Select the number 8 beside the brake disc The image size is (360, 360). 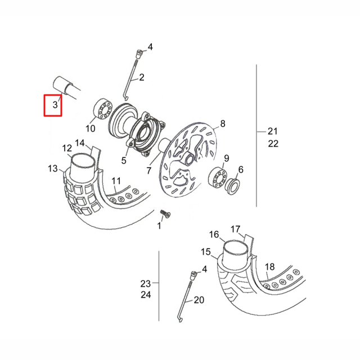pyautogui.click(x=223, y=124)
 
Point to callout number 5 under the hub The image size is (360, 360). pyautogui.click(x=124, y=160)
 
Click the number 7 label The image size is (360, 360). pyautogui.click(x=149, y=170)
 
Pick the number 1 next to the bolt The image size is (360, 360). pyautogui.click(x=159, y=226)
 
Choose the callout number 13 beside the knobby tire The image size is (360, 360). pyautogui.click(x=53, y=168)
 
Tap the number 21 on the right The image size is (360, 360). pyautogui.click(x=273, y=131)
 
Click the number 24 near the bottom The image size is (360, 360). pyautogui.click(x=146, y=294)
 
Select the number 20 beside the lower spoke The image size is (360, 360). pyautogui.click(x=199, y=300)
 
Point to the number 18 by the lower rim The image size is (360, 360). pyautogui.click(x=270, y=267)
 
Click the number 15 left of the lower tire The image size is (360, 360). pyautogui.click(x=205, y=251)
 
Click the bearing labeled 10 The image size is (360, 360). pyautogui.click(x=101, y=107)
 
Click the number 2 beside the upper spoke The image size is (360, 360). pyautogui.click(x=142, y=77)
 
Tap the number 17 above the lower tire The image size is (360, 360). pyautogui.click(x=235, y=229)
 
